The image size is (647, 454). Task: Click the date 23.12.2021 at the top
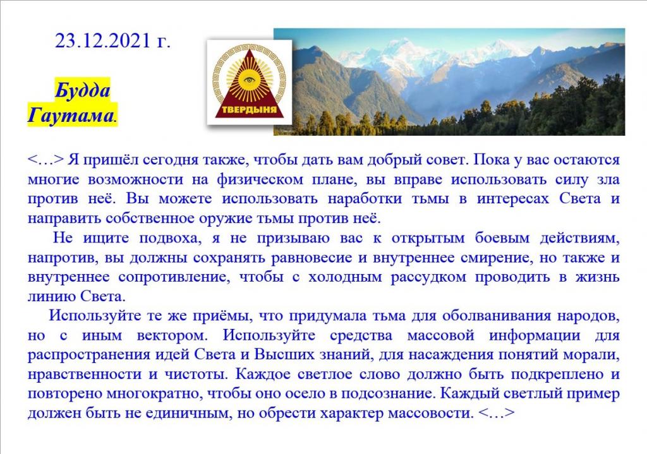tap(103, 41)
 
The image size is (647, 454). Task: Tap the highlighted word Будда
tap(83, 90)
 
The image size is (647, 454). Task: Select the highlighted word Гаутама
tap(71, 115)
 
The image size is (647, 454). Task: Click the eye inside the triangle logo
tap(249, 80)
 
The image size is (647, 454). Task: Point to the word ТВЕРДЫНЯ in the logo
tap(249, 110)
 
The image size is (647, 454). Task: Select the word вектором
tap(172, 335)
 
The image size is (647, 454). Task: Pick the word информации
tap(535, 335)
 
